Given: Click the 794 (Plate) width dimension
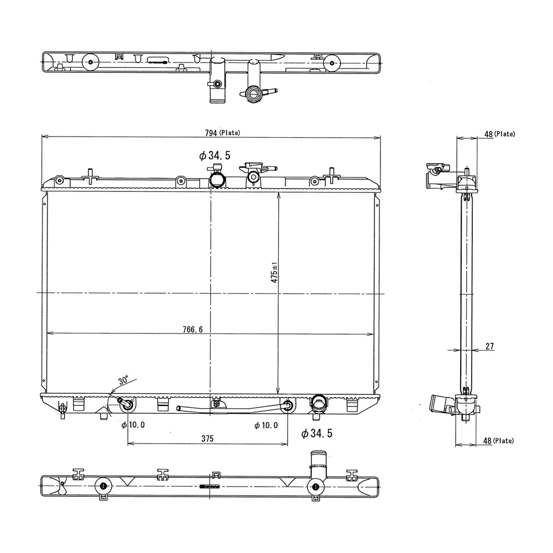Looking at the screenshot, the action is pyautogui.click(x=222, y=133).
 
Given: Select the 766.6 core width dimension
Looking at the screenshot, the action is pyautogui.click(x=192, y=330).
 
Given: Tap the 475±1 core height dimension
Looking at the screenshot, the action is pyautogui.click(x=274, y=272).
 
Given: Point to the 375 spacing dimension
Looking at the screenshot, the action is pyautogui.click(x=207, y=439).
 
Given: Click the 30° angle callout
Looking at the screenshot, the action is pyautogui.click(x=123, y=380).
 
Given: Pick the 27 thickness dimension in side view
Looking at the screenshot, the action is pyautogui.click(x=489, y=346).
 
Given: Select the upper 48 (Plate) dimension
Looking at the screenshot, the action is pyautogui.click(x=499, y=134).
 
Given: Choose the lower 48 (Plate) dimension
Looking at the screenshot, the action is pyautogui.click(x=498, y=441).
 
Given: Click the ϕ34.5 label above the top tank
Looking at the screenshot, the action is pyautogui.click(x=215, y=155).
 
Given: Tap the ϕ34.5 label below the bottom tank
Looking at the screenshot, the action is pyautogui.click(x=317, y=434).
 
